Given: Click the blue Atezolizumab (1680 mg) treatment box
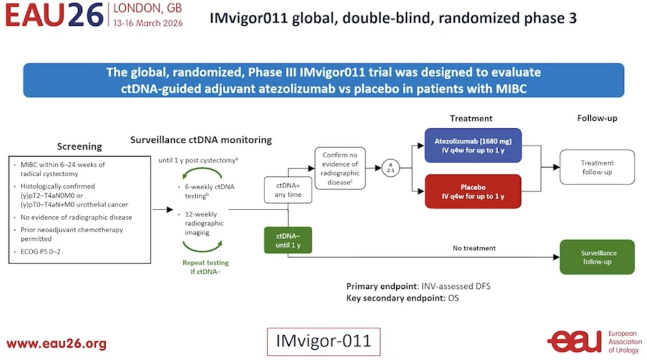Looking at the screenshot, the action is point(473,146).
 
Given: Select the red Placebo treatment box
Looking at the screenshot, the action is point(473,191).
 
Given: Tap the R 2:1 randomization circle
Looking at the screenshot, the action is point(390,168).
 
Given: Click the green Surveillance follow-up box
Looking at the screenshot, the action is point(597,257).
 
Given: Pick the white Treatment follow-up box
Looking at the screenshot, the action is point(597,167).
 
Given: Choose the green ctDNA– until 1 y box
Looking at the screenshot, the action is point(288,240).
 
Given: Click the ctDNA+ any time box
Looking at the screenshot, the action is point(288,190).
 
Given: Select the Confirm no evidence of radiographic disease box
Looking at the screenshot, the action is point(340,168).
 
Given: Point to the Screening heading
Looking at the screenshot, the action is point(79,147).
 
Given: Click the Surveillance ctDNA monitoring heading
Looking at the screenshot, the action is point(201,140).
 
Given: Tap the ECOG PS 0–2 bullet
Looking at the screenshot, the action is point(40,252).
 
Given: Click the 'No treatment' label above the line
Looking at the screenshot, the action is point(474,248).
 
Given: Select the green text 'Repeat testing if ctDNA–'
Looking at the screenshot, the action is point(205,267).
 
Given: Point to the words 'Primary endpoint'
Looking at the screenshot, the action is point(382,286).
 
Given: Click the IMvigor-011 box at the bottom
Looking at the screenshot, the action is point(324,342).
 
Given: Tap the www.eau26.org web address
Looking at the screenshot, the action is point(57,343).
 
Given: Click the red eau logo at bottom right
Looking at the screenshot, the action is point(574,342).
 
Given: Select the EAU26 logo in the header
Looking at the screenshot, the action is point(54,15).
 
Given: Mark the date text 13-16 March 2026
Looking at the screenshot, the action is point(148,23).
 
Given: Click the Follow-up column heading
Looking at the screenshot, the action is point(597,118).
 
